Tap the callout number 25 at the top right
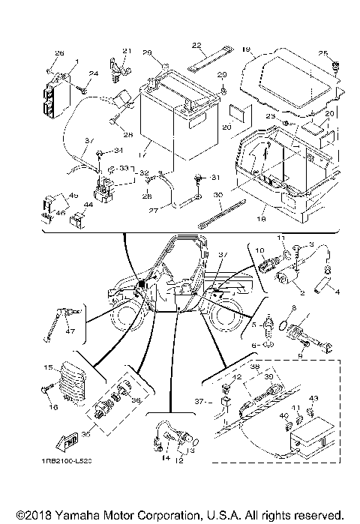[x=322, y=53]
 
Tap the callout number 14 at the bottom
[x=166, y=457]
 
